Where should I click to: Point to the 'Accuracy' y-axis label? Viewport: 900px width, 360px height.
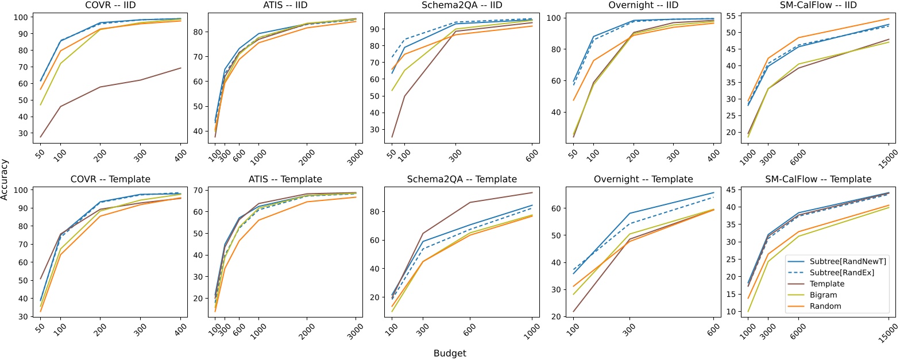(5, 180)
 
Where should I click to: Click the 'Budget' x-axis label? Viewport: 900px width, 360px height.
(450, 354)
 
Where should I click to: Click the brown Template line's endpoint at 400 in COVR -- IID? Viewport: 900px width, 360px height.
(181, 68)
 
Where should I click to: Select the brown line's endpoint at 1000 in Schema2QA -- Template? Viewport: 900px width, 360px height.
(532, 192)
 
